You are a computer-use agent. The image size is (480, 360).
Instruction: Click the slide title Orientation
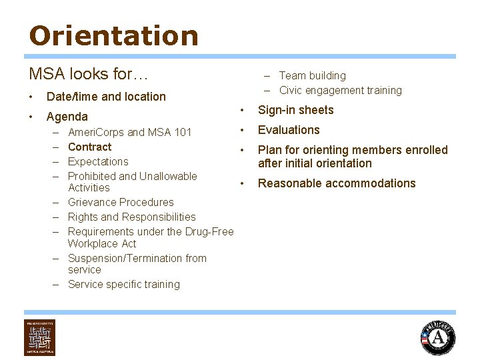(x=113, y=36)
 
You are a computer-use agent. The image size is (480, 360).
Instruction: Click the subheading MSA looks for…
(x=89, y=73)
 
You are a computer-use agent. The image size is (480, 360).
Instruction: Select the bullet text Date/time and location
(x=106, y=97)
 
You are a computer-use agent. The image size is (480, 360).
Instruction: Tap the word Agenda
(x=67, y=117)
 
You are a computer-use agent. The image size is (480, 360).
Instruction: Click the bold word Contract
(x=90, y=147)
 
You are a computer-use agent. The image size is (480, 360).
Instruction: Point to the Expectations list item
(x=98, y=161)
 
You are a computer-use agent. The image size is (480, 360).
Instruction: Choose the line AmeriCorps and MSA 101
(x=130, y=132)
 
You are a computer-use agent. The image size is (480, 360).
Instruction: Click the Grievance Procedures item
(x=121, y=202)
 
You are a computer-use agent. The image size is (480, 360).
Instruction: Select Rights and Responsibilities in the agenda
(x=132, y=217)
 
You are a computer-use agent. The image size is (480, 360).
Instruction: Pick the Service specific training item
(x=124, y=284)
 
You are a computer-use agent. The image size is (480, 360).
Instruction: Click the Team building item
(x=312, y=76)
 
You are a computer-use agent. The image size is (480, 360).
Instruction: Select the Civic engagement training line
(x=340, y=91)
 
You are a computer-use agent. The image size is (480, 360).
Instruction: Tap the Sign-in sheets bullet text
(x=295, y=110)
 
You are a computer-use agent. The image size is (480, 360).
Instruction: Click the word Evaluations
(x=289, y=130)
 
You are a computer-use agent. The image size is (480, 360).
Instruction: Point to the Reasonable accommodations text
(x=337, y=183)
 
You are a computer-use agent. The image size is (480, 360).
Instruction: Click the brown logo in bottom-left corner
(x=40, y=337)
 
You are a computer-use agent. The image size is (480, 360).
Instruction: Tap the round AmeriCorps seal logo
(x=438, y=337)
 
